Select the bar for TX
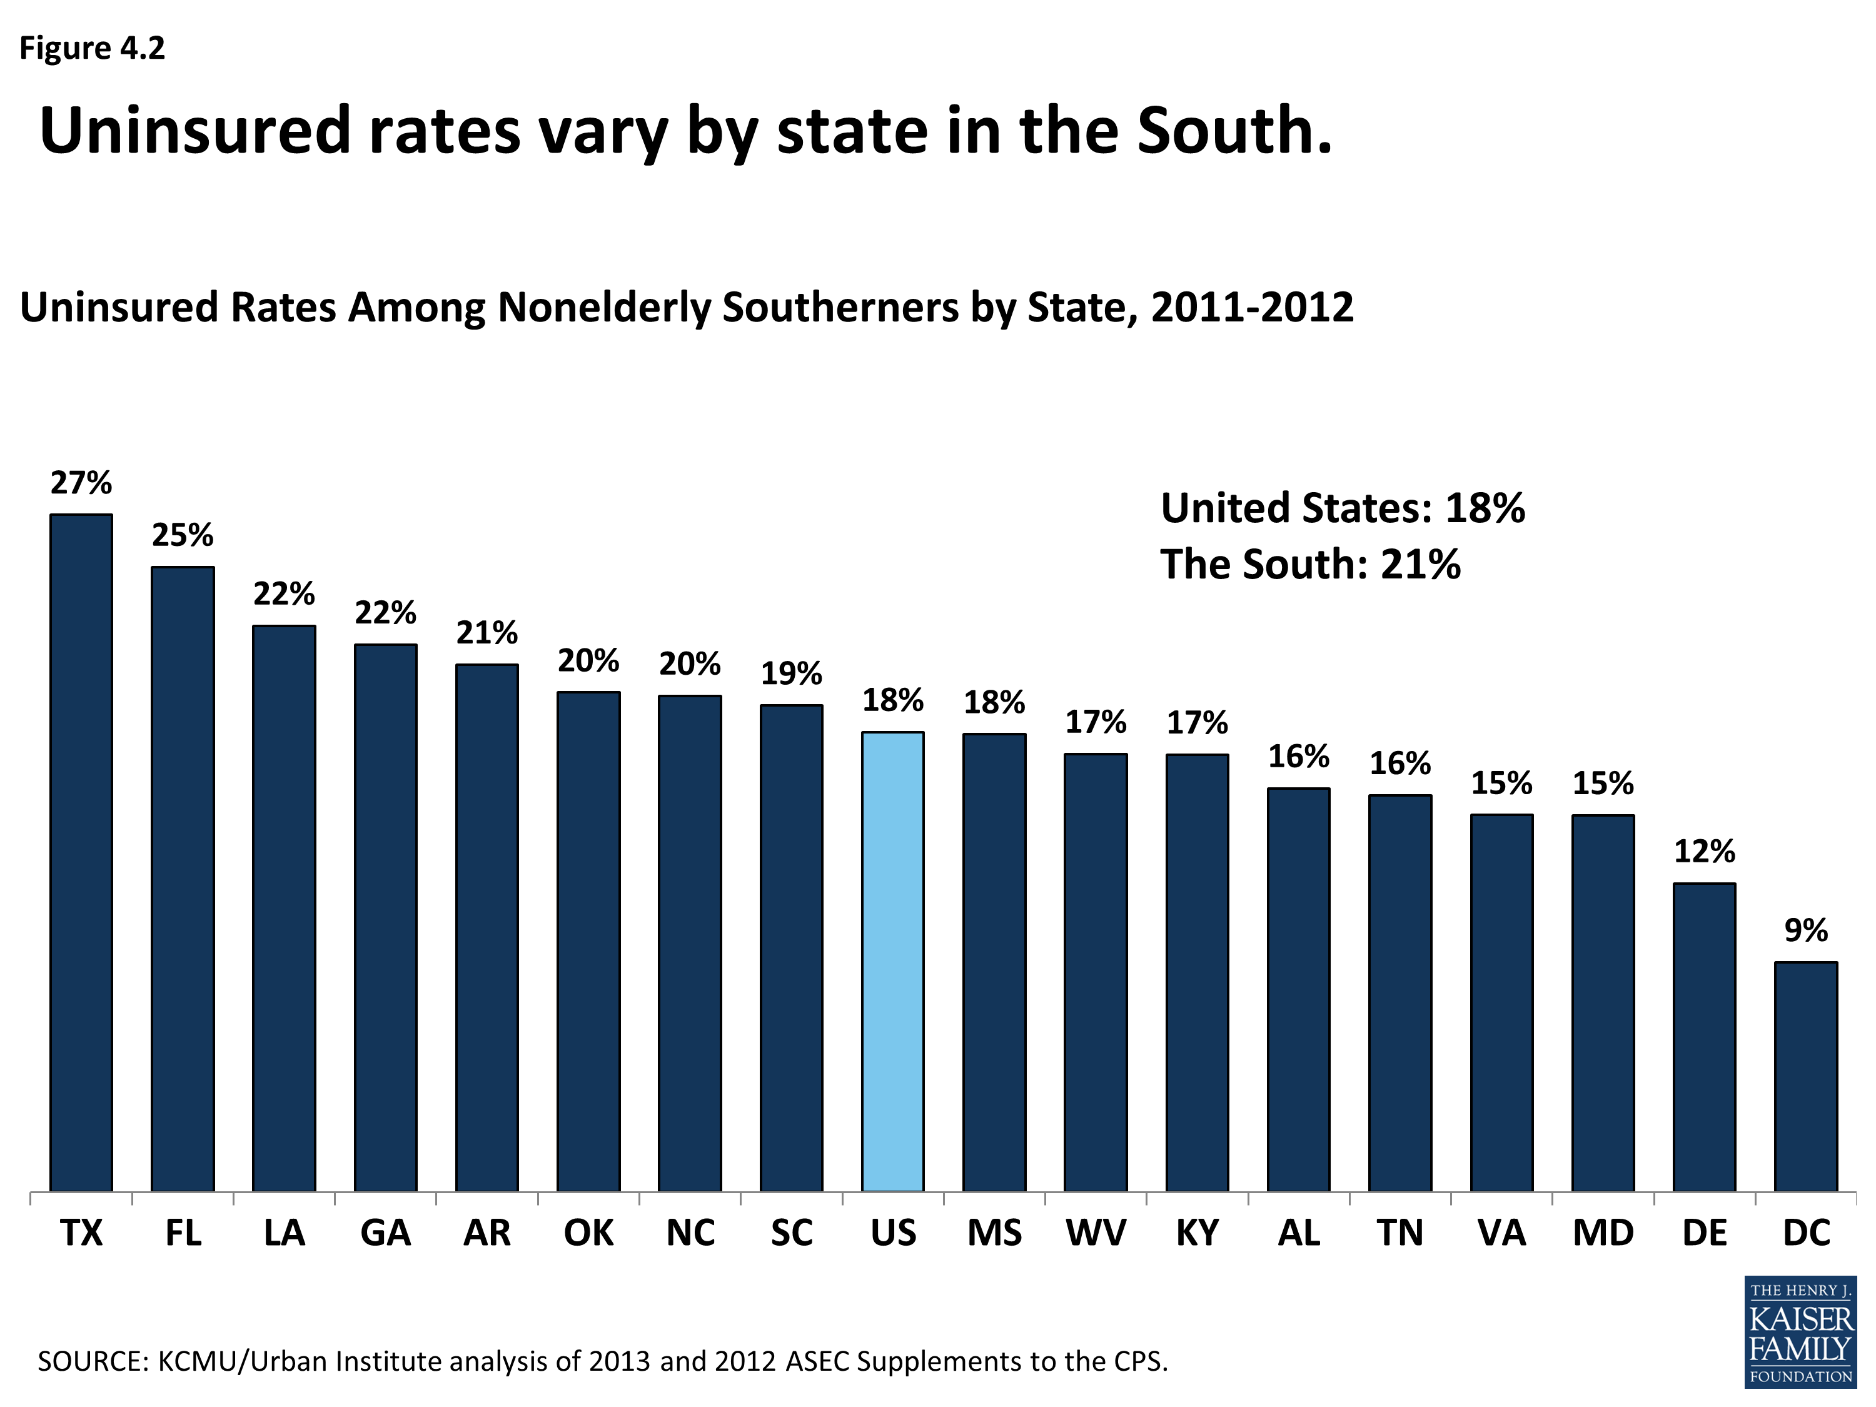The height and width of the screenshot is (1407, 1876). (x=81, y=852)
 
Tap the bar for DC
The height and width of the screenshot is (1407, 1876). (x=1807, y=1076)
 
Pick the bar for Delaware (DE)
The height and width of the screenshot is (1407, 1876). (x=1705, y=1036)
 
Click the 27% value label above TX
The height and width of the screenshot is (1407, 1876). (x=81, y=483)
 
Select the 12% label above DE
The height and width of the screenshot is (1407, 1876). (x=1705, y=850)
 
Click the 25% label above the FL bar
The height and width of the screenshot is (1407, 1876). (x=183, y=535)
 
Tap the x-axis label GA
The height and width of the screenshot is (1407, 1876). (x=385, y=1233)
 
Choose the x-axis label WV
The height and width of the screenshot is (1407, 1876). (x=1096, y=1233)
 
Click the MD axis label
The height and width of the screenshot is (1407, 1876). (x=1603, y=1233)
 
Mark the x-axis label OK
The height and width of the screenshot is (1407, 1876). (x=588, y=1233)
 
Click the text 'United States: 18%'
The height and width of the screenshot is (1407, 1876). (x=1343, y=508)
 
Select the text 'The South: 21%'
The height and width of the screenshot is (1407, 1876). (x=1310, y=564)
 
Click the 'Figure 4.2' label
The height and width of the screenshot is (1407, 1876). (x=93, y=48)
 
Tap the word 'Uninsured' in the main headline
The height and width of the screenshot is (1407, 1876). (x=195, y=131)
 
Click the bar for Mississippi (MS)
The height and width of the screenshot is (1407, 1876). (x=995, y=962)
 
